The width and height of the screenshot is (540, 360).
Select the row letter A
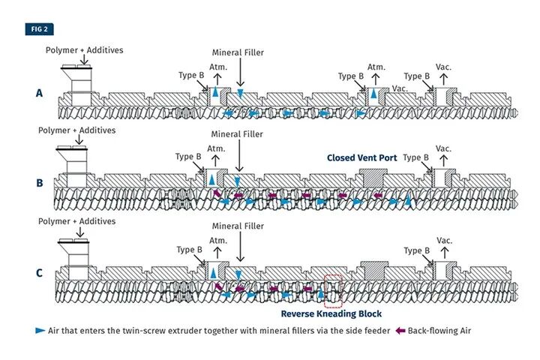(x=39, y=94)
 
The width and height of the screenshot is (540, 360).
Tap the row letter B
(x=39, y=183)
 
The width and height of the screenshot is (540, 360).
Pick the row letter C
(x=39, y=273)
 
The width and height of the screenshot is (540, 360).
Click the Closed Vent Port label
(x=361, y=158)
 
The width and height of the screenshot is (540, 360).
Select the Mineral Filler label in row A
(x=238, y=53)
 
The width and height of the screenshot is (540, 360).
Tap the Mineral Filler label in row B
(x=237, y=135)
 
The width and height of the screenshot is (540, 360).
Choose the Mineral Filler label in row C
(x=237, y=226)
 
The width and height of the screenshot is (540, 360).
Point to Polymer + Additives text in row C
(x=77, y=222)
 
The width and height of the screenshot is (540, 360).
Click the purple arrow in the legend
(x=401, y=331)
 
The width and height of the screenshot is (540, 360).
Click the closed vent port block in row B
(x=373, y=177)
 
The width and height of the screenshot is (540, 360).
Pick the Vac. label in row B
(x=444, y=148)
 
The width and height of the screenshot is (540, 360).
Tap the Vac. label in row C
(x=444, y=240)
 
